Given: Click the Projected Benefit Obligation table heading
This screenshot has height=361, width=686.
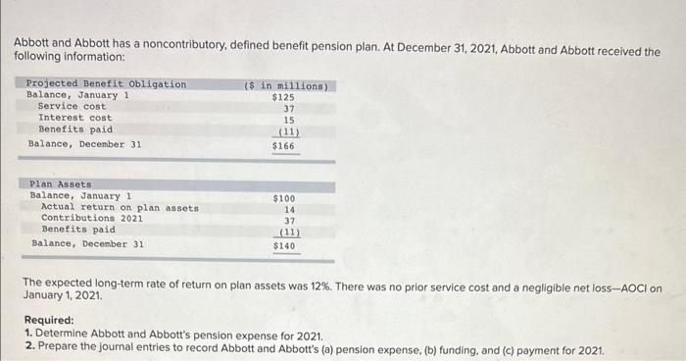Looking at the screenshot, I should (106, 84).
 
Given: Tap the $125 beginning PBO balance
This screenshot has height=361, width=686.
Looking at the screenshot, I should (283, 97).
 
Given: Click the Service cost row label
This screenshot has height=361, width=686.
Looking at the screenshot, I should (72, 106).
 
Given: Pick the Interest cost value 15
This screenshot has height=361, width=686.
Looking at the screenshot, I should (288, 119).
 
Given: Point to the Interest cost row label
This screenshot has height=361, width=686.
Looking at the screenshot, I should (74, 118).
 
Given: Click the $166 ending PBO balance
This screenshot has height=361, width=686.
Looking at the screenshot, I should (283, 146).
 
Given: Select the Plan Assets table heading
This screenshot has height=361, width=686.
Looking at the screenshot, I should (61, 183).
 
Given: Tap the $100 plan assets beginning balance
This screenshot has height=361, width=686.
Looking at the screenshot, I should (283, 198).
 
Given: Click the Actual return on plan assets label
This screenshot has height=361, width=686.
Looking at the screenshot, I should (120, 207).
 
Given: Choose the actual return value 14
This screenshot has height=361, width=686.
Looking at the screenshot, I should (289, 209).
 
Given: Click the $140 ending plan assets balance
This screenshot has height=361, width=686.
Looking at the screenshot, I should (284, 246).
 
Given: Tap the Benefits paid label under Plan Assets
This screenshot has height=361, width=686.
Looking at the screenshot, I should (78, 230).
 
